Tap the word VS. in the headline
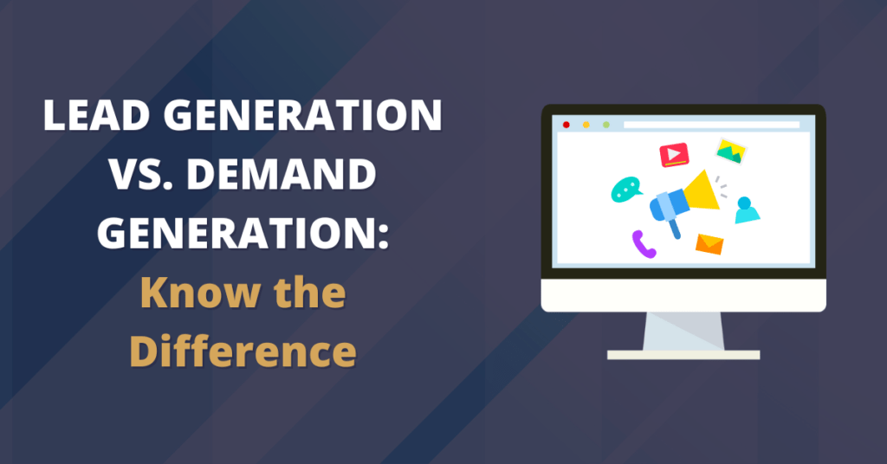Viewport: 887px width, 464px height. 143,174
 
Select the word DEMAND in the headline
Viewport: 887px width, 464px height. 282,174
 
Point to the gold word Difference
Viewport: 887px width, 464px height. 243,351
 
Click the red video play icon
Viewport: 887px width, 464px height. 674,155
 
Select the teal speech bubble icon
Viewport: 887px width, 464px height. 626,190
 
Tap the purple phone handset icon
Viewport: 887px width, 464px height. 644,244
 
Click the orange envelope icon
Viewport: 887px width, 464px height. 709,244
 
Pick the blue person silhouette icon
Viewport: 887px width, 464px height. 747,209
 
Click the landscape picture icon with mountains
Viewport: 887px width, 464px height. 731,151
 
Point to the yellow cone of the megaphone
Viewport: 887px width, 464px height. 702,191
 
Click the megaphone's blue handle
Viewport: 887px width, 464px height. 674,229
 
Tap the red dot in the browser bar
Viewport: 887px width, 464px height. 567,125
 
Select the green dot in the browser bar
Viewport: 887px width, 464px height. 605,125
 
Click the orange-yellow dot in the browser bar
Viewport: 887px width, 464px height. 586,125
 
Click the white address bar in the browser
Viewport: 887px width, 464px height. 712,125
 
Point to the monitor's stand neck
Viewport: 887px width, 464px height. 683,332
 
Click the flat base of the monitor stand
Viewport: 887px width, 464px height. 683,355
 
